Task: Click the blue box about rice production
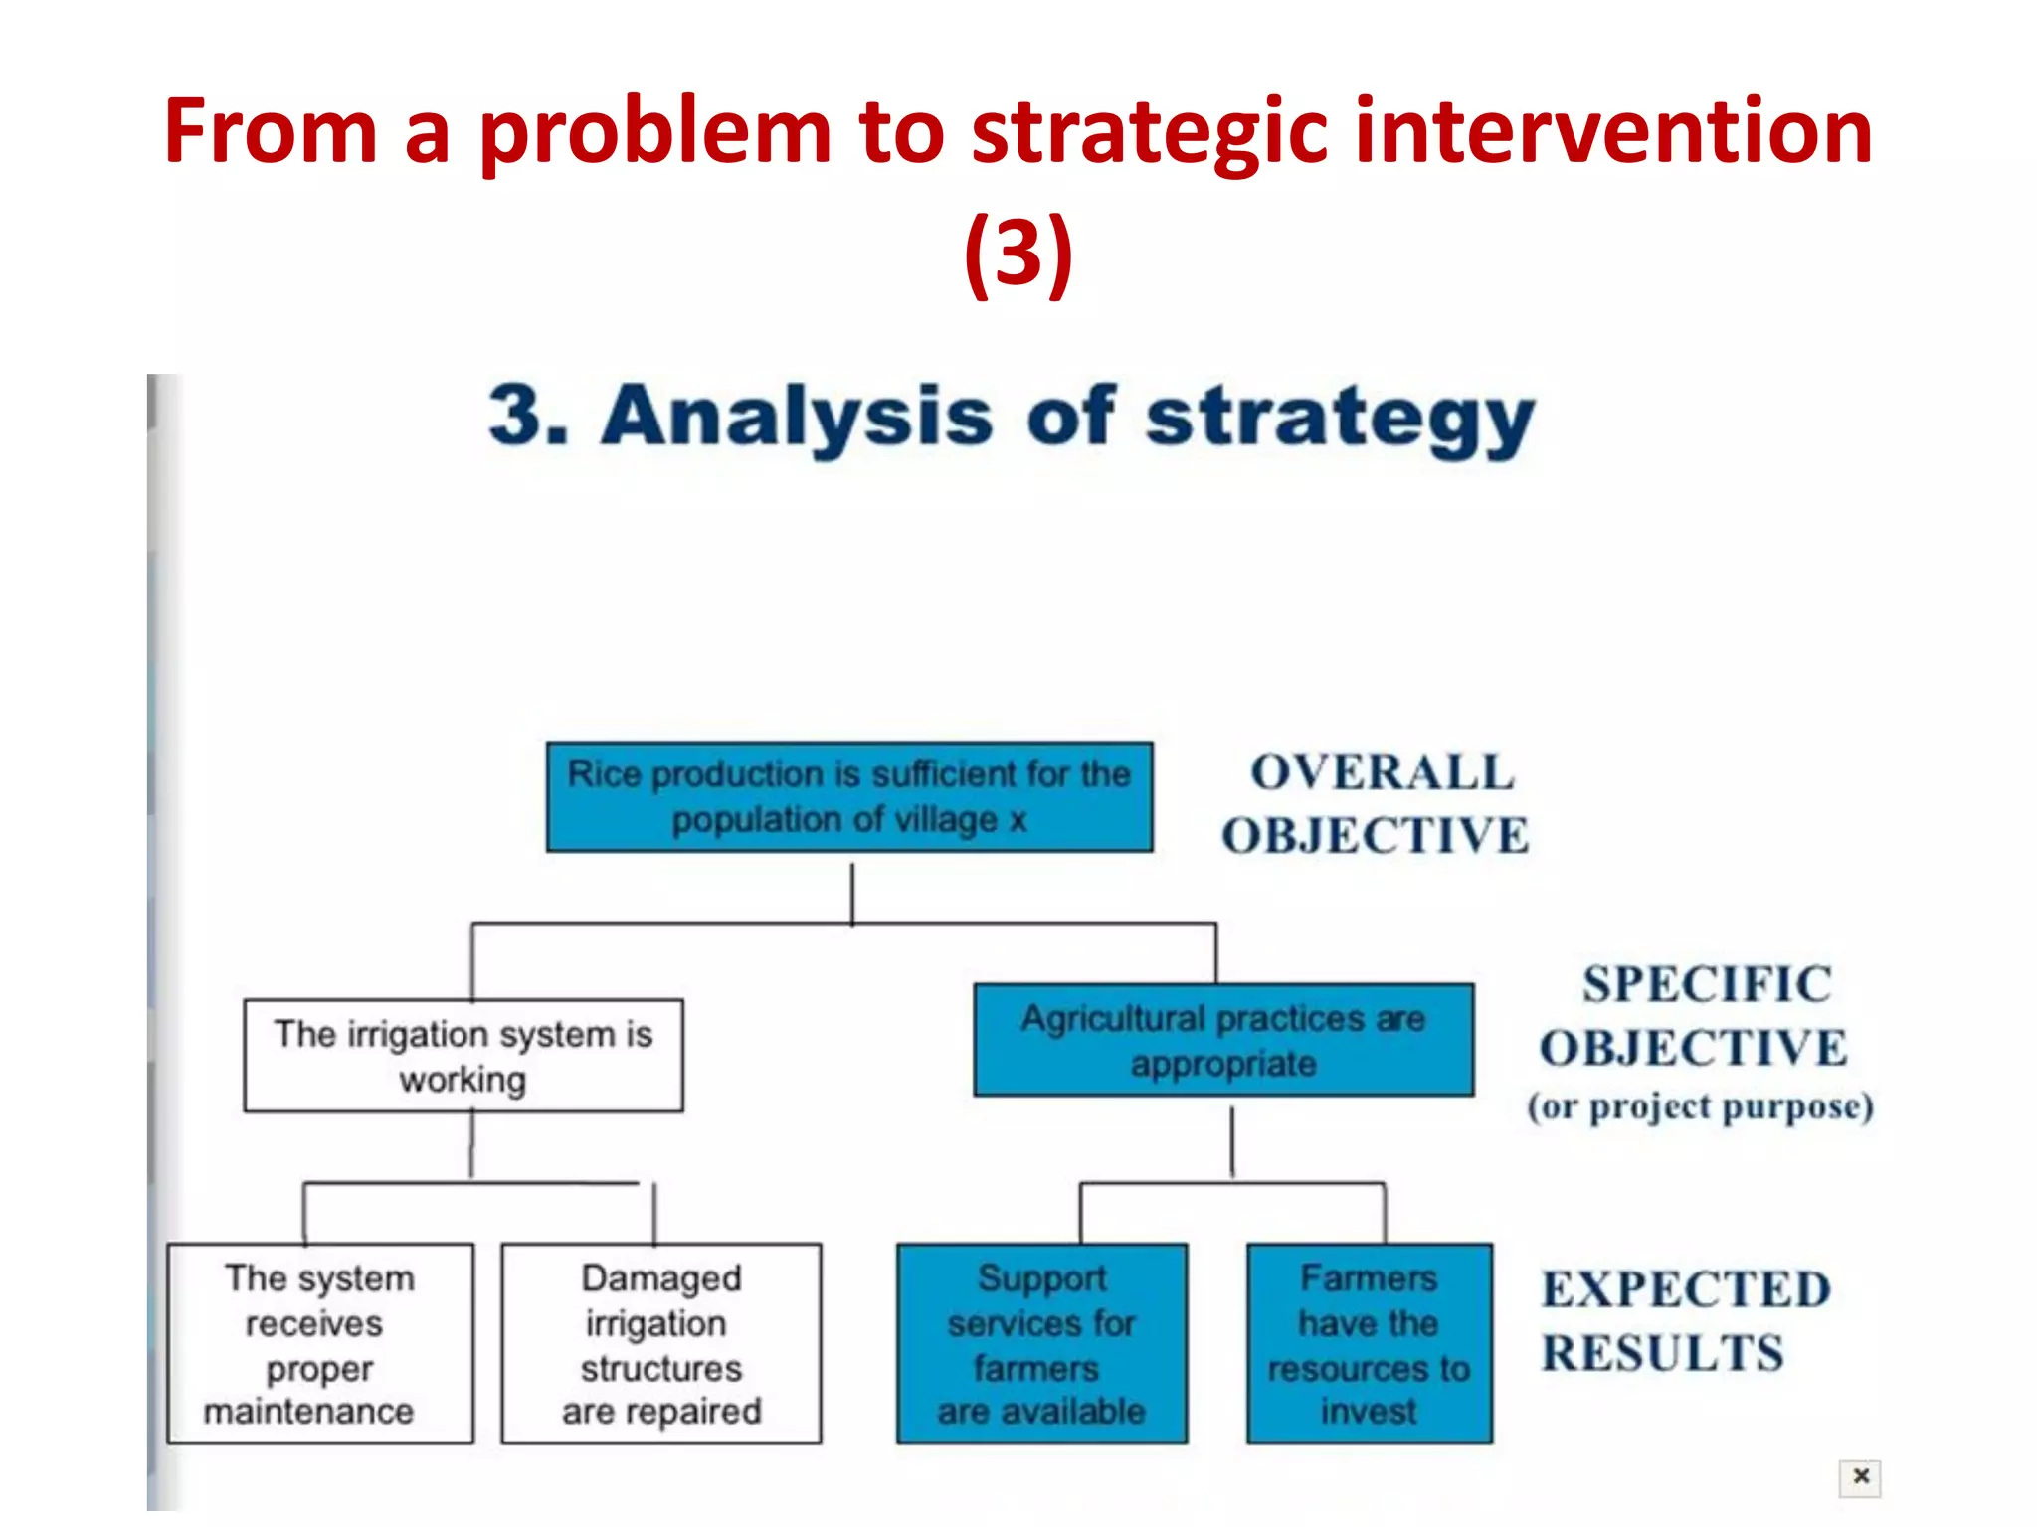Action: (x=849, y=796)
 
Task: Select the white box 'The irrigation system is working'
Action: (x=463, y=1056)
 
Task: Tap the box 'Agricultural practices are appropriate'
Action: (x=1223, y=1040)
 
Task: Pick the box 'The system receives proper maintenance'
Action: (x=320, y=1343)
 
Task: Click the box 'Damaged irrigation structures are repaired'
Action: (x=661, y=1343)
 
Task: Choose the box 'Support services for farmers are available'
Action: (x=1041, y=1343)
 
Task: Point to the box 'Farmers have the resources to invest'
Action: (x=1369, y=1343)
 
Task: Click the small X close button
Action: (x=1860, y=1476)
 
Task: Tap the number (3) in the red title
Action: (x=1018, y=253)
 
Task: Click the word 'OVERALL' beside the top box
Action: (x=1383, y=772)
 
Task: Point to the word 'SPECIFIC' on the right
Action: (x=1707, y=984)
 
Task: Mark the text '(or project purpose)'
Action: (x=1701, y=1106)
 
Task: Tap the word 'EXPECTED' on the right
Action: (x=1687, y=1289)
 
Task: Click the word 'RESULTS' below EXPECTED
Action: (x=1663, y=1353)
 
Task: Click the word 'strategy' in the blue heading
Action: (x=1340, y=418)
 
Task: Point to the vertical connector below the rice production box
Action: (x=852, y=892)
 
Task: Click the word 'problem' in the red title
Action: (x=655, y=134)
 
